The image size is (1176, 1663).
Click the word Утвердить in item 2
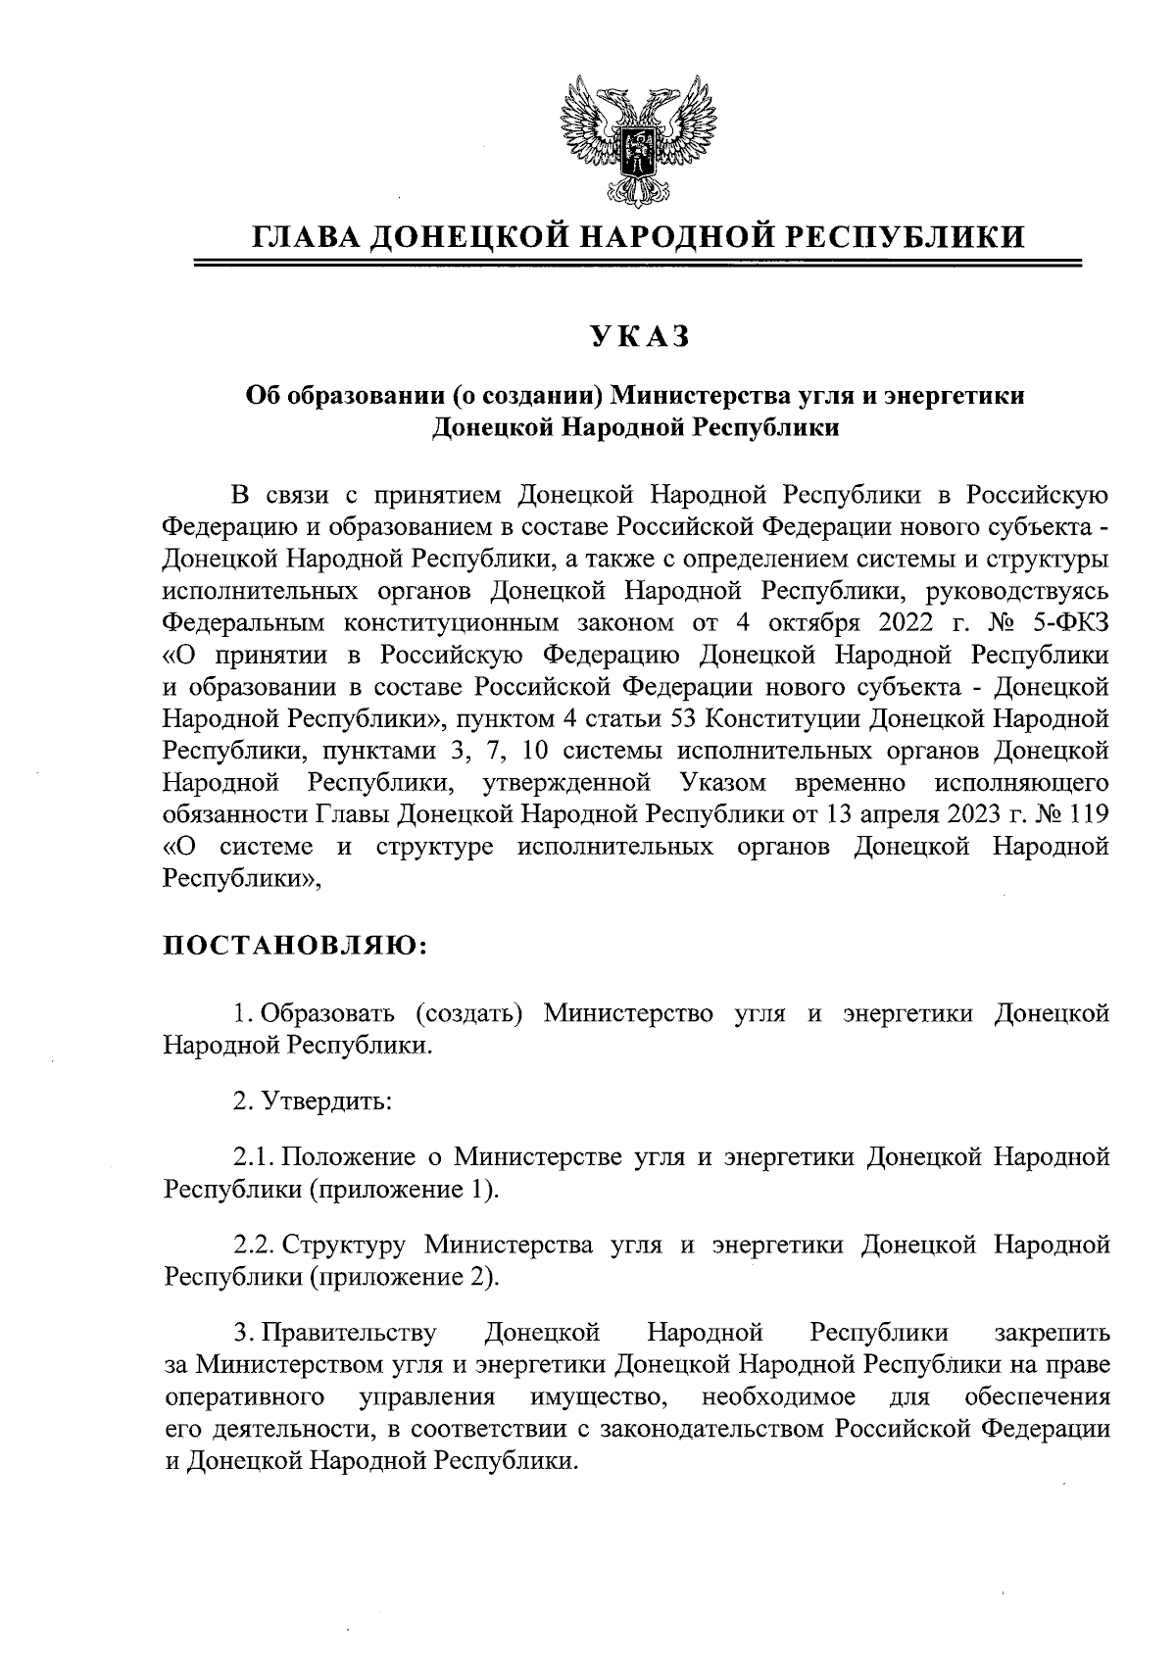tap(327, 1101)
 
